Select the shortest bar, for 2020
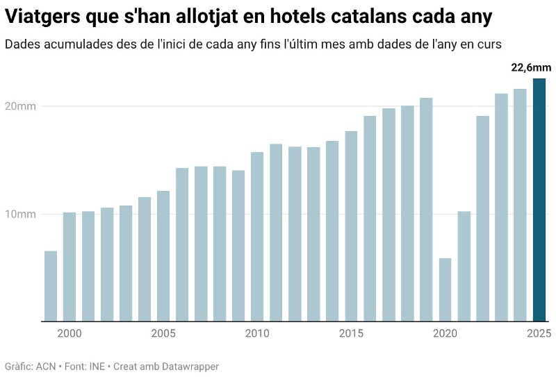(x=445, y=290)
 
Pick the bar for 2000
(x=69, y=267)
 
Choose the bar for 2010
(x=257, y=236)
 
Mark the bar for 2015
(x=351, y=226)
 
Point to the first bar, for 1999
(x=51, y=286)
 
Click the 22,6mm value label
(x=531, y=67)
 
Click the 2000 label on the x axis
(x=69, y=334)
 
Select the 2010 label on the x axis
(x=257, y=334)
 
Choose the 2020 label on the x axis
(x=445, y=334)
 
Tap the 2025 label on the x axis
(x=539, y=334)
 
